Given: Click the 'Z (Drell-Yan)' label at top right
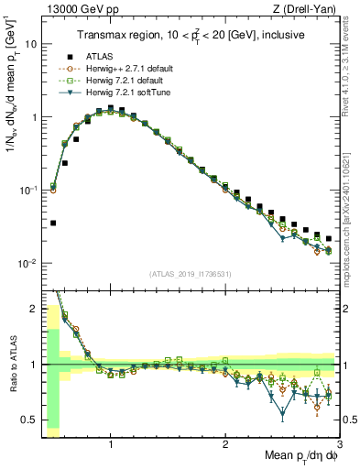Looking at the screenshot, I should point(309,9).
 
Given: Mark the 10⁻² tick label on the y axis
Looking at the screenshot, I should point(27,264).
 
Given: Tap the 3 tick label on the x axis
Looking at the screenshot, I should point(339,444).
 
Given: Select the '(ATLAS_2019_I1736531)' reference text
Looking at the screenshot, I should point(190,274).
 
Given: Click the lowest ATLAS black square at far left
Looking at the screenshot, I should point(53,223).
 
